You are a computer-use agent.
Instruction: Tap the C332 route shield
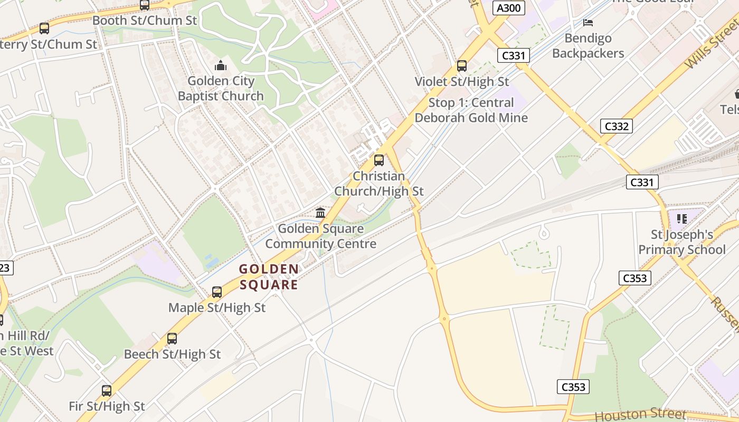point(616,126)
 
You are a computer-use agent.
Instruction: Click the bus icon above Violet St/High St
point(462,66)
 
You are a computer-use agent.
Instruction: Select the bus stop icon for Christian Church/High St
point(379,160)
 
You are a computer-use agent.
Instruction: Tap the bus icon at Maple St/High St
point(216,292)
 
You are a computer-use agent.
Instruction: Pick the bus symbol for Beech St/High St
point(172,339)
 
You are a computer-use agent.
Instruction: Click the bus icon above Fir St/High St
point(107,391)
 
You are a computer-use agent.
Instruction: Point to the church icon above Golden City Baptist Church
point(220,66)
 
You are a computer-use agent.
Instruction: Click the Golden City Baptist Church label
point(221,89)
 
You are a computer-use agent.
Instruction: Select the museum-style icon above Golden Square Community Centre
point(320,213)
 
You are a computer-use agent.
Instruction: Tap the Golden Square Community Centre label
point(320,236)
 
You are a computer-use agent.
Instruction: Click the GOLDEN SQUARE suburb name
point(269,277)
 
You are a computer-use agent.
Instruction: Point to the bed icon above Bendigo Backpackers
point(588,23)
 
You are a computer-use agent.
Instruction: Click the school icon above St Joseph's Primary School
point(681,218)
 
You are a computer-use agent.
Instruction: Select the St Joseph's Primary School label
point(682,242)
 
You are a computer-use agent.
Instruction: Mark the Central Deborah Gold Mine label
point(471,110)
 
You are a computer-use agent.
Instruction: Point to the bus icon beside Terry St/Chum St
point(44,28)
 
